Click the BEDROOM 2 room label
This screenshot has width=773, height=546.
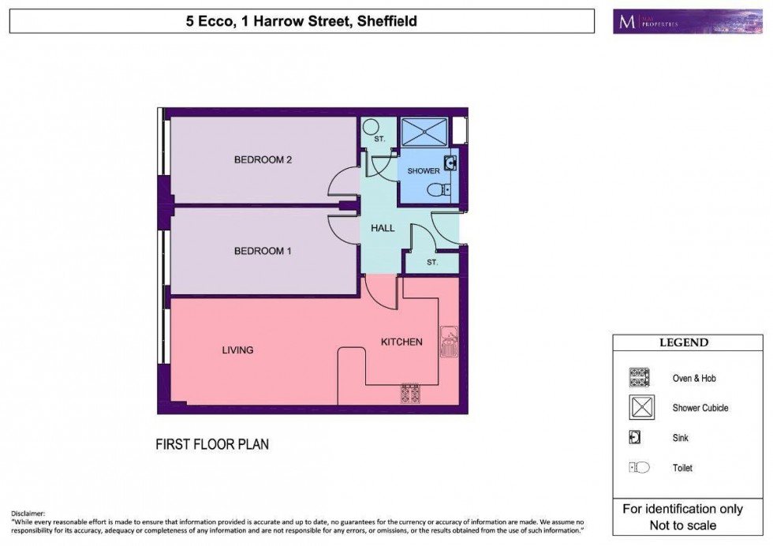coord(263,160)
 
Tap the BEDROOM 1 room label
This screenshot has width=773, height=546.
coord(263,252)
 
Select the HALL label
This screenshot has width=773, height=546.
coord(382,229)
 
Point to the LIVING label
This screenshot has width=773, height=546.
coord(237,350)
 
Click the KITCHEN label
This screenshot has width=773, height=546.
coord(401,342)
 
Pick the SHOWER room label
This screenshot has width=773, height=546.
coord(423,171)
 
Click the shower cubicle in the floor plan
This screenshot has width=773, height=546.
coord(424,133)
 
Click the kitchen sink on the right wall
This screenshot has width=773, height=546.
coord(449,342)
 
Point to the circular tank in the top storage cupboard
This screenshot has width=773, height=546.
coord(371,128)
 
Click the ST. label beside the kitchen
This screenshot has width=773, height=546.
coord(432,262)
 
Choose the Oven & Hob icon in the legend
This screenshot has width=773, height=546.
coord(638,378)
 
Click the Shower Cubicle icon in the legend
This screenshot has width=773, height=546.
coord(638,408)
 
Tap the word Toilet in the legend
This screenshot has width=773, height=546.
coord(682,468)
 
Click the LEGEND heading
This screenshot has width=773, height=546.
coord(683,342)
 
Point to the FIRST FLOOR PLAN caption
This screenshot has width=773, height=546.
coord(211,445)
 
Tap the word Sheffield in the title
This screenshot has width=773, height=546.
coord(387,21)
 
